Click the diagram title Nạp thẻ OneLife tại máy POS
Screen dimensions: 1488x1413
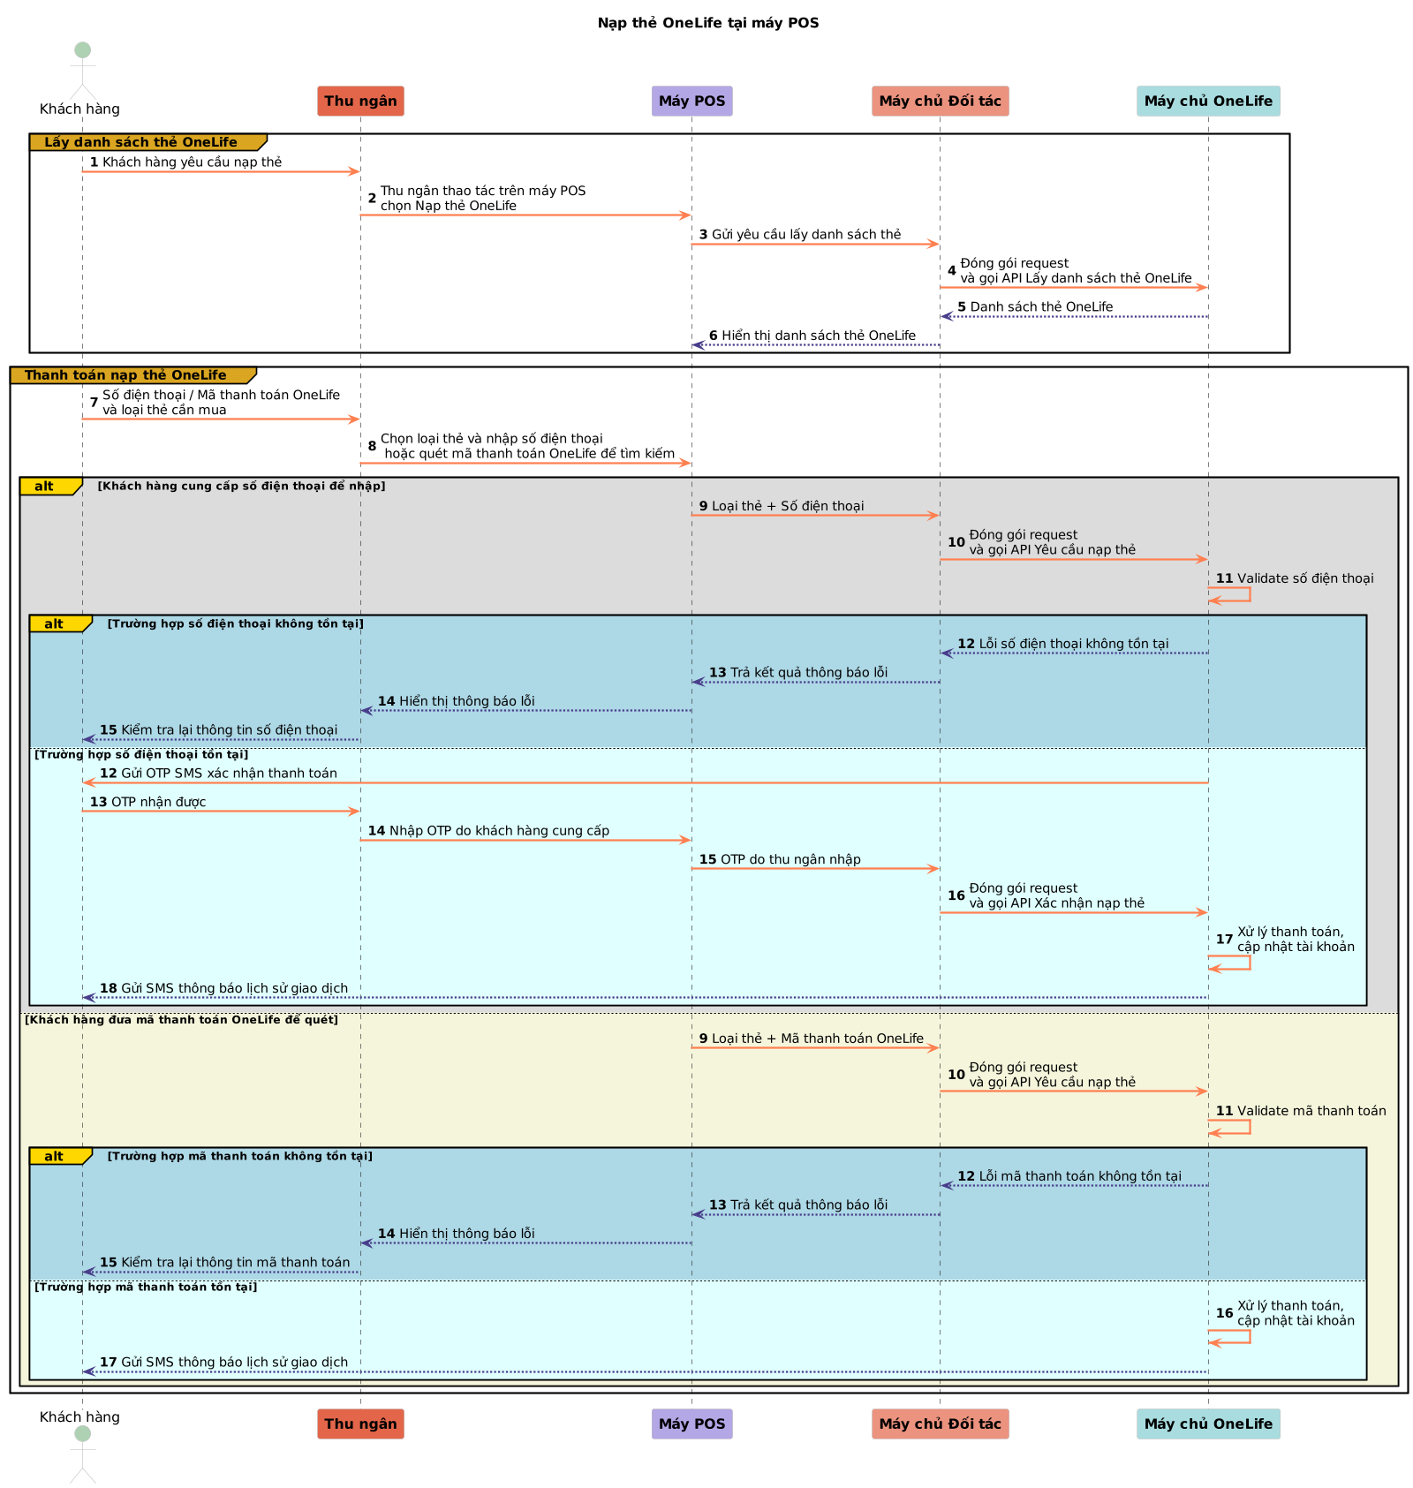[707, 23]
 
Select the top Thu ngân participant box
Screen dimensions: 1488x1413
[360, 101]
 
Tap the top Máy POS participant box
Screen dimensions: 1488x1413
[691, 101]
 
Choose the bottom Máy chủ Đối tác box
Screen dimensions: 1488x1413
[940, 1423]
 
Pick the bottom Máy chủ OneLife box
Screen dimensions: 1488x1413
[1207, 1423]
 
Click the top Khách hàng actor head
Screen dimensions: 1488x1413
[82, 50]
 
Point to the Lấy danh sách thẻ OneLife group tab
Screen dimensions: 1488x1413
[141, 142]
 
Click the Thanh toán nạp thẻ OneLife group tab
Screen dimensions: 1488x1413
[125, 375]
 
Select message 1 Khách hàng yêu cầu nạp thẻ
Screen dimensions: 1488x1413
[192, 162]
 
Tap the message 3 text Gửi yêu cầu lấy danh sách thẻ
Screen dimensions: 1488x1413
[805, 235]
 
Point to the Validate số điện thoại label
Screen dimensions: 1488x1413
[1304, 578]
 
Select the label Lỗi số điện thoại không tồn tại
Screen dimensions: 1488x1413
[1073, 644]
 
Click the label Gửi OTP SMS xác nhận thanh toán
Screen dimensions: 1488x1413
[229, 774]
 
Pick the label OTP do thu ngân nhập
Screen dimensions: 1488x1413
[790, 859]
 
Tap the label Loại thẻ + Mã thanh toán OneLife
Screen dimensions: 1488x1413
[817, 1039]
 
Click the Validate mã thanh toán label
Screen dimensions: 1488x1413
[1311, 1111]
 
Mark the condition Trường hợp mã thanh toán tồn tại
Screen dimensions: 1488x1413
[146, 1287]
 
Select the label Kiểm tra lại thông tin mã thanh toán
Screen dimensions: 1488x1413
[235, 1263]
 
